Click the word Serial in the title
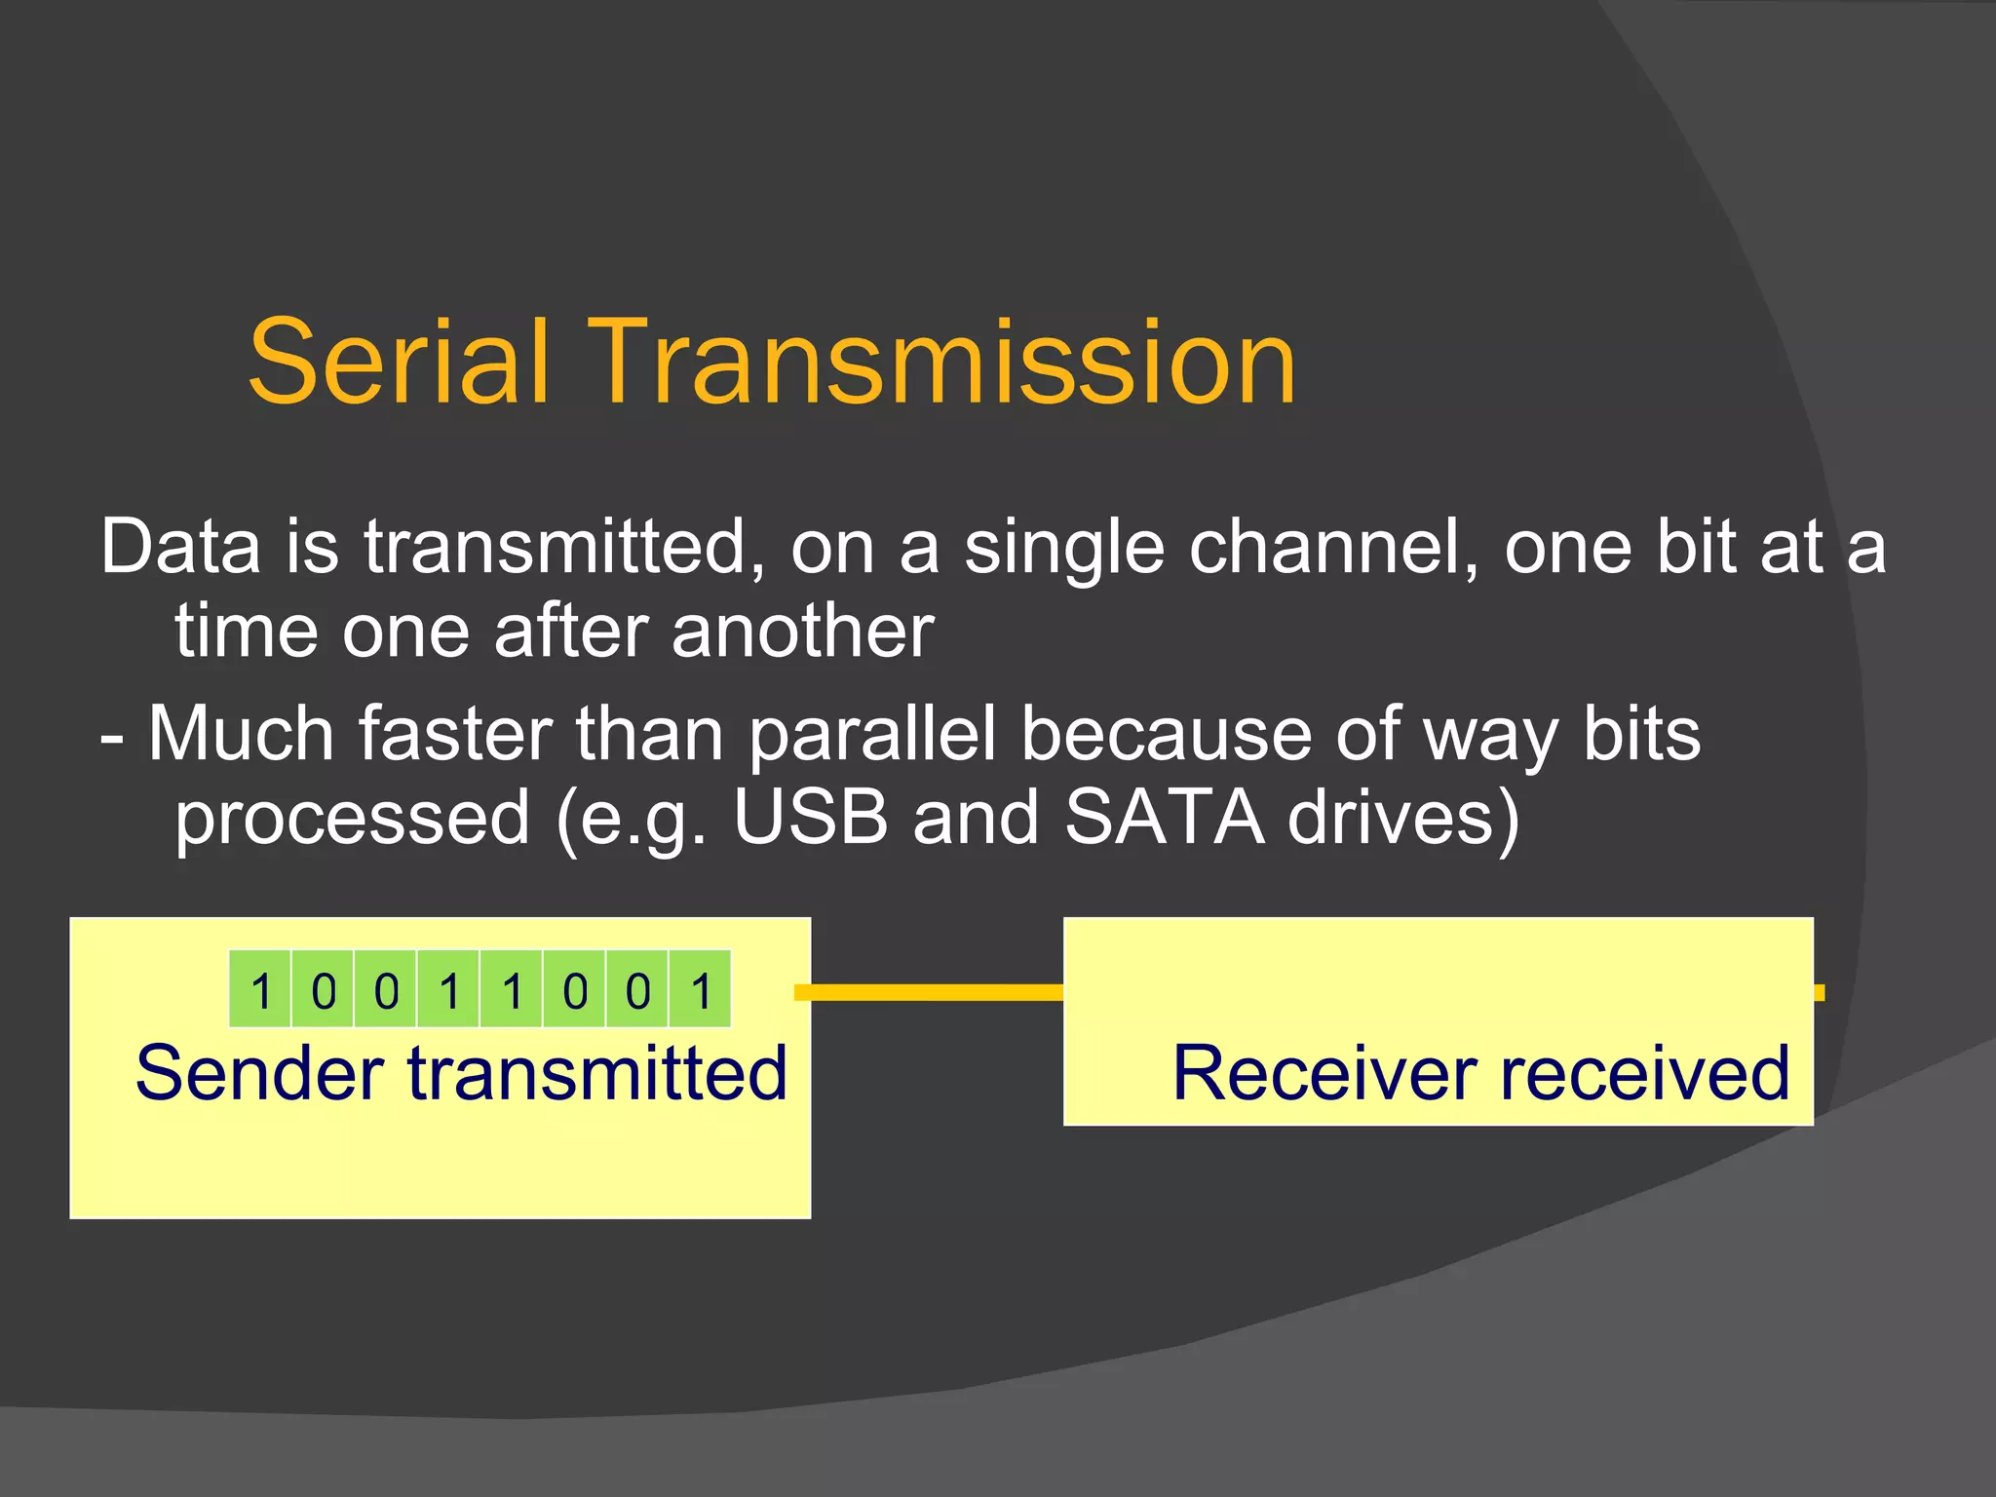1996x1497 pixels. point(400,363)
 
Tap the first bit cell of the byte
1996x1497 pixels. point(260,990)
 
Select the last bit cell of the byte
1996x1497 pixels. point(701,990)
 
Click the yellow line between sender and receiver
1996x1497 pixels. point(936,992)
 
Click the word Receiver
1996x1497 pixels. point(1324,1074)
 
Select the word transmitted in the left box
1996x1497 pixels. point(596,1074)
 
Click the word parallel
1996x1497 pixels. point(872,734)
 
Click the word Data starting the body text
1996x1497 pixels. point(181,547)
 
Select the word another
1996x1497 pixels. point(802,632)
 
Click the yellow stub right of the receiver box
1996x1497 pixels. point(1819,992)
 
